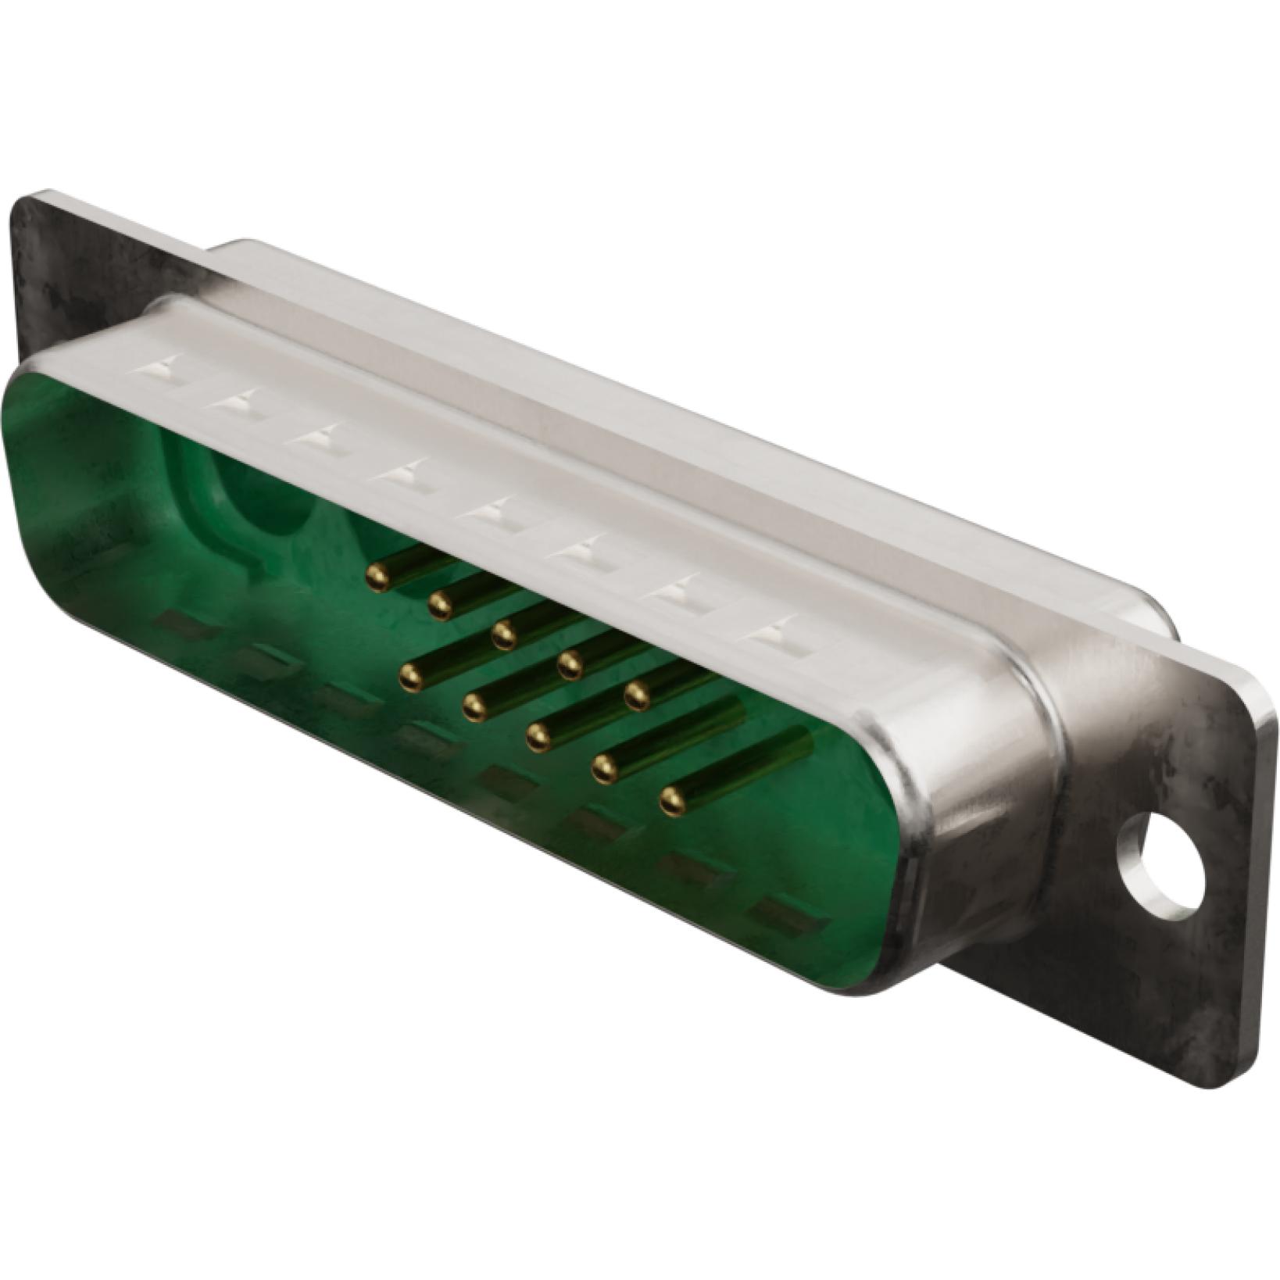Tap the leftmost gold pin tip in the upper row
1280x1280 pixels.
[x=377, y=576]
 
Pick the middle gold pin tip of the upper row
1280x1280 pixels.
[x=505, y=635]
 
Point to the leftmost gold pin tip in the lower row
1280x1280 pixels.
[x=409, y=678]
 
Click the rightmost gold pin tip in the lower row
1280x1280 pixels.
[x=671, y=799]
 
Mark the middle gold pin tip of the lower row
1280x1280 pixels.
[x=538, y=735]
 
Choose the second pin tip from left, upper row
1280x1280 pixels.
[x=441, y=603]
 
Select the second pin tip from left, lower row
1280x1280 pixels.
[x=474, y=707]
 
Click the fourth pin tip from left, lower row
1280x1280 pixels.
[x=603, y=770]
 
